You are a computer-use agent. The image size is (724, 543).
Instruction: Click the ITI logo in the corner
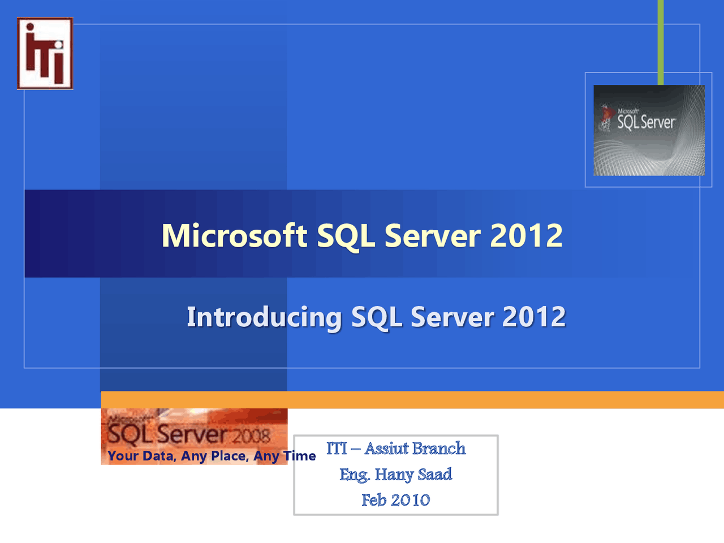pos(45,53)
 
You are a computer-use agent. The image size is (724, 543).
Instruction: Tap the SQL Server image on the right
pos(649,130)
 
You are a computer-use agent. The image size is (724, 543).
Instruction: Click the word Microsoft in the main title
pos(234,235)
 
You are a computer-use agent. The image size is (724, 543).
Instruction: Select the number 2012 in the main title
pos(526,235)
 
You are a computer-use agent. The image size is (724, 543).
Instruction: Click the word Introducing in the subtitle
pos(264,317)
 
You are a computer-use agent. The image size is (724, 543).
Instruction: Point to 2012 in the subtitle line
pos(533,317)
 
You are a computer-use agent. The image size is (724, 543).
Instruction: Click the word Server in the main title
pos(432,235)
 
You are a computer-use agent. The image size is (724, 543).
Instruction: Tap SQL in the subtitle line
pos(376,317)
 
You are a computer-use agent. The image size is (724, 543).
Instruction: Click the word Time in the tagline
pos(299,456)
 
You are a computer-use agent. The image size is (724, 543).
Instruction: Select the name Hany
pos(394,474)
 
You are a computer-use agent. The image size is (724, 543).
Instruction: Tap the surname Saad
pos(435,474)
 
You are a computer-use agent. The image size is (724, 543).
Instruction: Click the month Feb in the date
pos(374,500)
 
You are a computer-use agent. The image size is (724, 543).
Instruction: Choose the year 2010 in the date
pos(411,500)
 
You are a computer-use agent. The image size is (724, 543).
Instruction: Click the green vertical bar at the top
pos(660,40)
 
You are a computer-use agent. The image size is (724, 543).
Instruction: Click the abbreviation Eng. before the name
pos(355,475)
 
